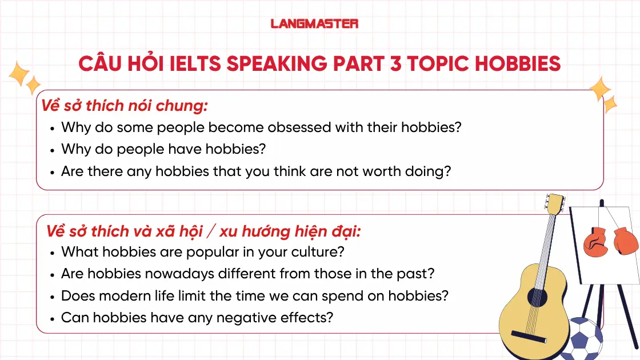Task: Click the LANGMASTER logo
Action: point(314,23)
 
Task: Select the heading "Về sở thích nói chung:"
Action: point(124,106)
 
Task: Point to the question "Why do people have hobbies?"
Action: point(163,149)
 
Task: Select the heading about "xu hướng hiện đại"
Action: point(203,231)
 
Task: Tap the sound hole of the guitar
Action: point(537,297)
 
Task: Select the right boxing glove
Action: point(625,241)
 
